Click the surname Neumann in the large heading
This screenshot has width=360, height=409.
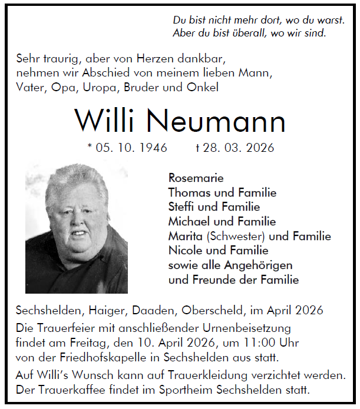click(x=216, y=121)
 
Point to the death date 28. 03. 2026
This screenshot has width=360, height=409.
click(x=239, y=148)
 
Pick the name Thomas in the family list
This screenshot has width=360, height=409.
click(x=187, y=192)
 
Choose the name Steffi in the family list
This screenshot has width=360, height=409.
click(x=181, y=207)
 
